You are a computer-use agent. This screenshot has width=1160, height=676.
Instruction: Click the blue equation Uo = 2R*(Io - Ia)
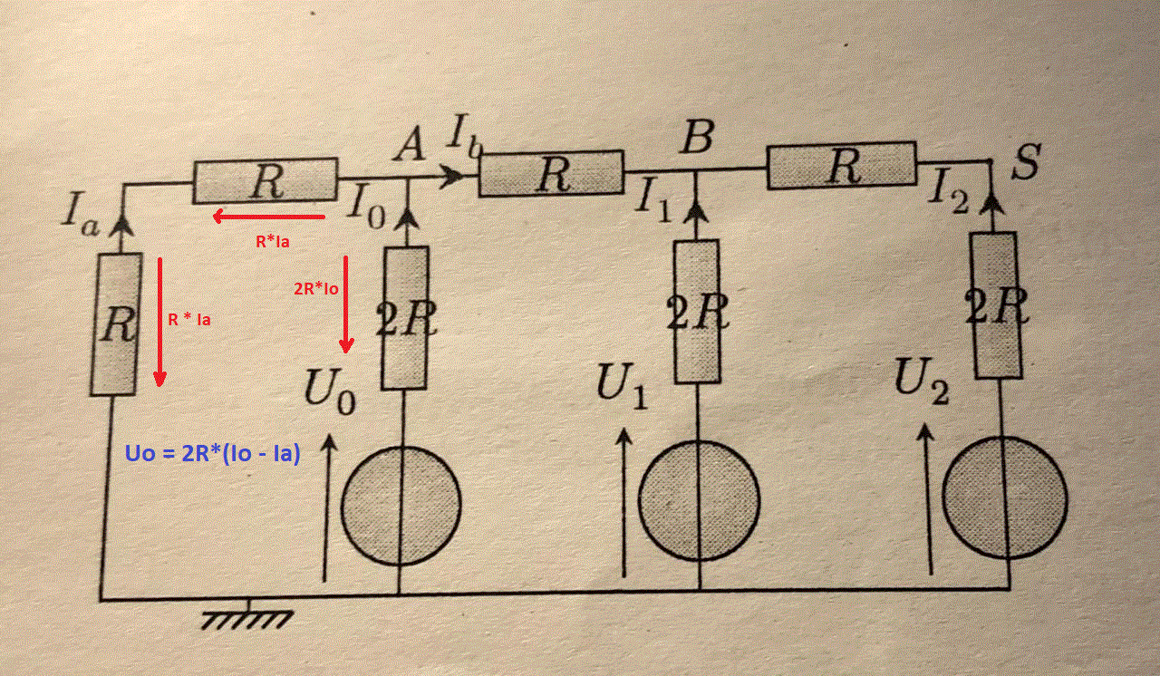pyautogui.click(x=211, y=454)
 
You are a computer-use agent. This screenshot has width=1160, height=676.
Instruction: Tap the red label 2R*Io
pyautogui.click(x=316, y=289)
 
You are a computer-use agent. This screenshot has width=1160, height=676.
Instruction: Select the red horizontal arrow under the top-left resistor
pyautogui.click(x=268, y=217)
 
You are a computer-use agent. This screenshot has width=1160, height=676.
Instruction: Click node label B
pyautogui.click(x=698, y=139)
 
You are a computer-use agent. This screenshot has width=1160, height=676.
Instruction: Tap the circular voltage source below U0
pyautogui.click(x=401, y=505)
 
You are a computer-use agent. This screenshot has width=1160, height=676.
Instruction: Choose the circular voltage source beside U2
pyautogui.click(x=1004, y=497)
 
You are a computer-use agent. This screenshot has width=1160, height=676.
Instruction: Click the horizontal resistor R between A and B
pyautogui.click(x=551, y=174)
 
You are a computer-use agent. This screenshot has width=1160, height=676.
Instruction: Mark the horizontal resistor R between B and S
pyautogui.click(x=842, y=165)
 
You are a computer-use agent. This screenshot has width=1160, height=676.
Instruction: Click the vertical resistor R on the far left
pyautogui.click(x=116, y=324)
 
